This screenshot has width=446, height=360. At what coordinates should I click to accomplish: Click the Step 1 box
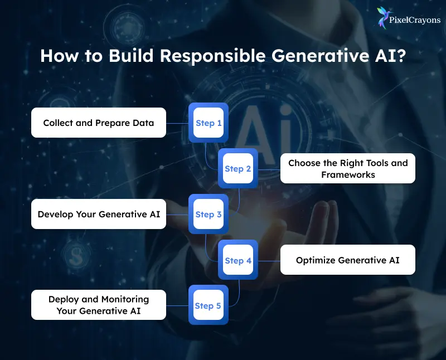pos(209,123)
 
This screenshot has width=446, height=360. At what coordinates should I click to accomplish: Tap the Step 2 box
pos(238,169)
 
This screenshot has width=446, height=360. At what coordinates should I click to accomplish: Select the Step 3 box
pos(209,215)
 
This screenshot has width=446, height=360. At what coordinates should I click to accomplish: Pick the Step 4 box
pos(238,260)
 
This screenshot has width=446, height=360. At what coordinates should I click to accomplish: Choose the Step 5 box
pos(209,306)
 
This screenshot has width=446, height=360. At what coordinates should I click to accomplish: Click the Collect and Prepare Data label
pos(99,123)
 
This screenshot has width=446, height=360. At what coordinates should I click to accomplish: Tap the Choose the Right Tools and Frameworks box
pos(347,168)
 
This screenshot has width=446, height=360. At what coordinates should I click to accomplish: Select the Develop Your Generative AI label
pos(99,214)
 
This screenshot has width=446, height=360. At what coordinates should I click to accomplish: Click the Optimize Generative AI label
pos(347,260)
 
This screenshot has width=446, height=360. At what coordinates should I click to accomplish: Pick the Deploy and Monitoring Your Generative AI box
pos(99,305)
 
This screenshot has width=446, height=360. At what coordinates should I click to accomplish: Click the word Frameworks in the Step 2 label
pos(347,174)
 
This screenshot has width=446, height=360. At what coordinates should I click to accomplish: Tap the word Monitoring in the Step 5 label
pos(125,299)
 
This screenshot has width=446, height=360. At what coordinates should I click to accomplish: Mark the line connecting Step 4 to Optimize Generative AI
pos(269,260)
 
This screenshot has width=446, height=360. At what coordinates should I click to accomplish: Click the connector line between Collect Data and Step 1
pos(177,123)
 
